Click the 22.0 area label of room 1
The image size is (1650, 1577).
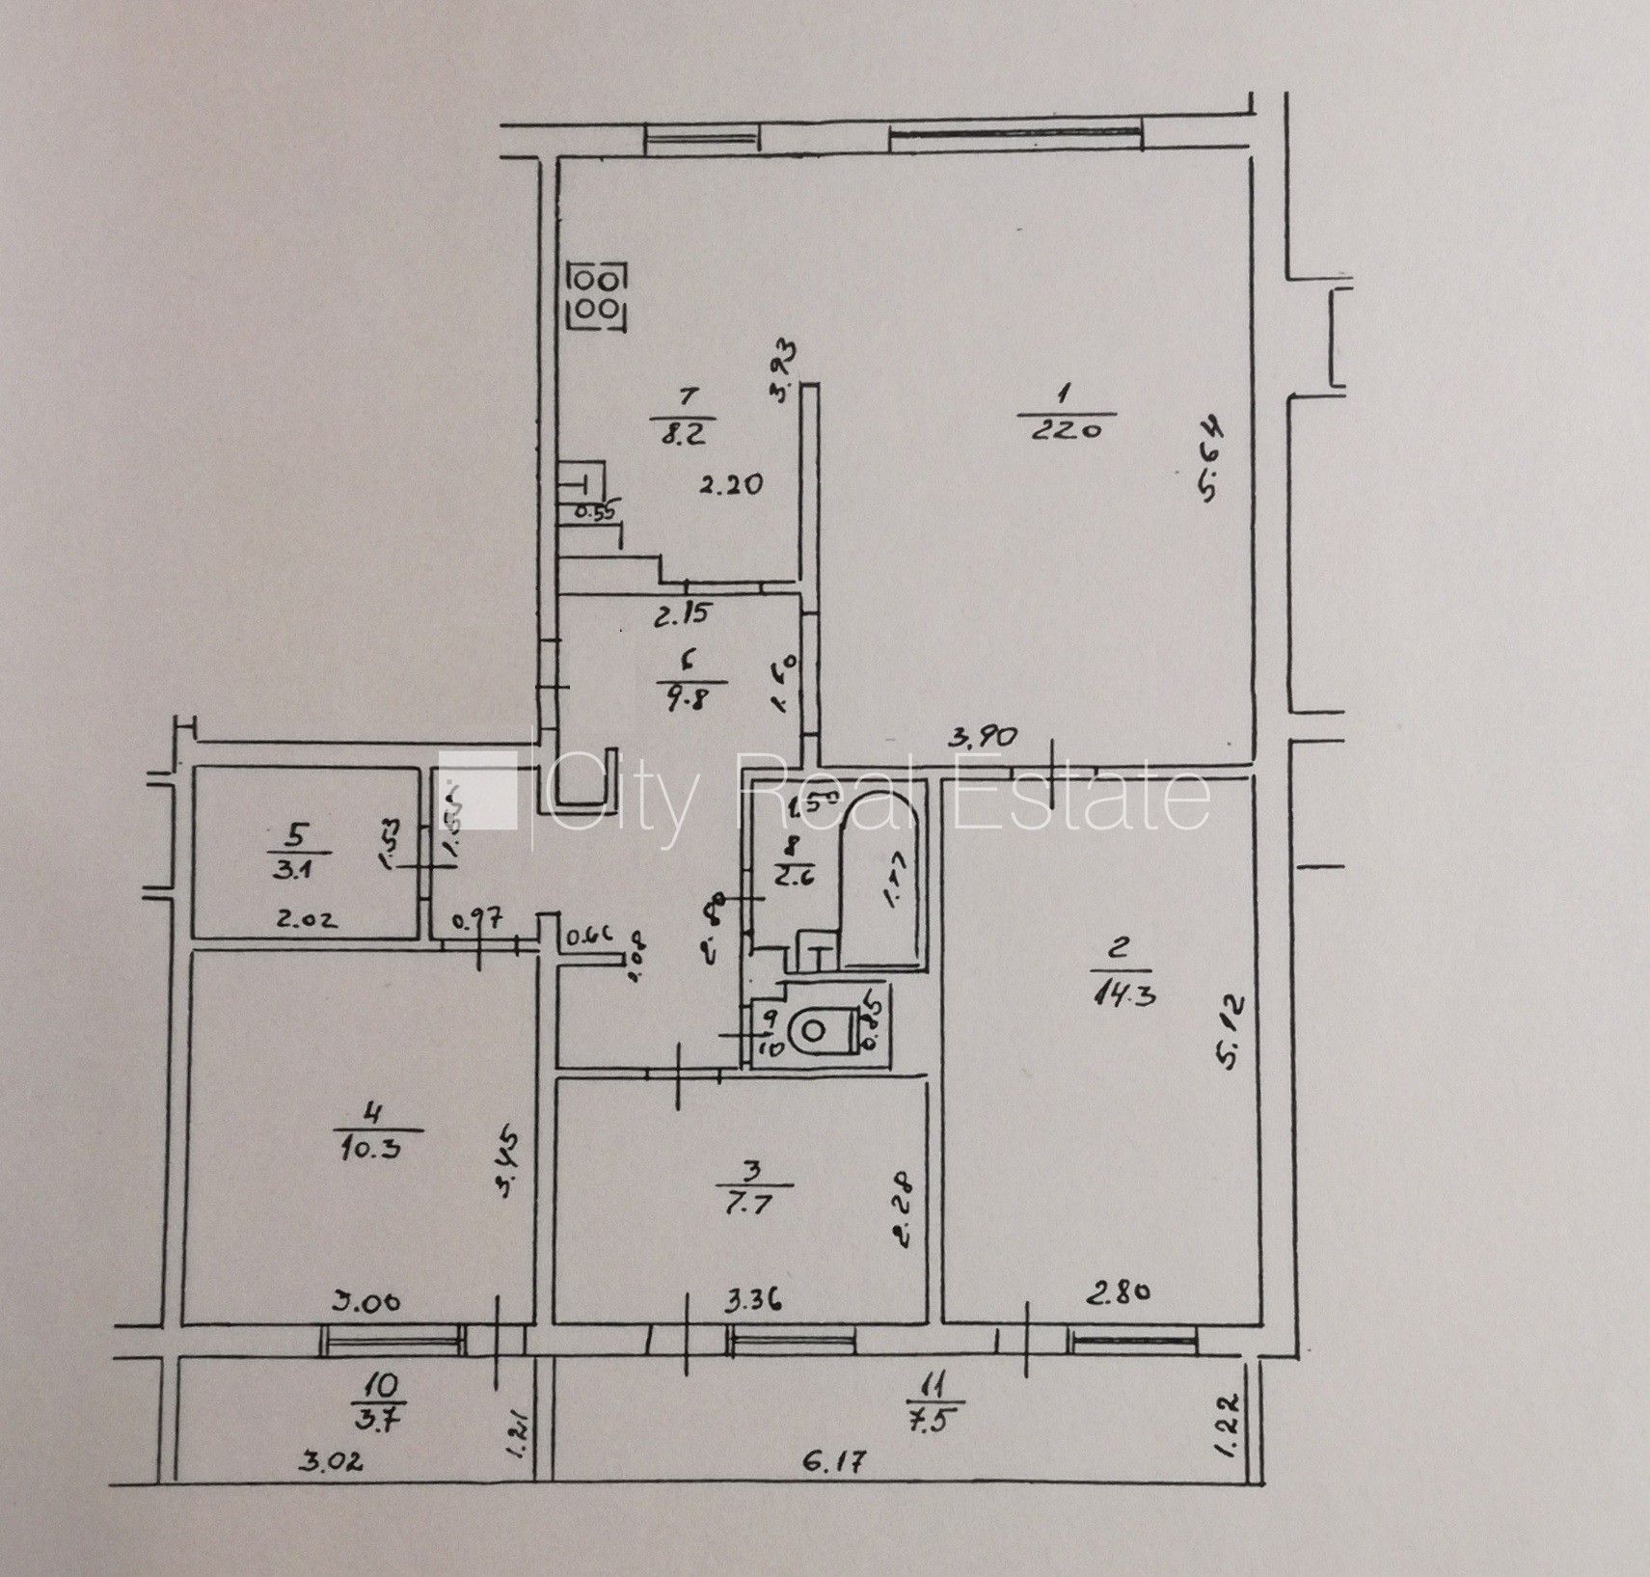click(x=1066, y=430)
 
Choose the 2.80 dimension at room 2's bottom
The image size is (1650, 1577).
click(x=1118, y=1293)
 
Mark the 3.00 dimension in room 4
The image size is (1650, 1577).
click(x=367, y=1301)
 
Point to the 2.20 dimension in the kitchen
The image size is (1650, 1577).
click(x=731, y=484)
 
